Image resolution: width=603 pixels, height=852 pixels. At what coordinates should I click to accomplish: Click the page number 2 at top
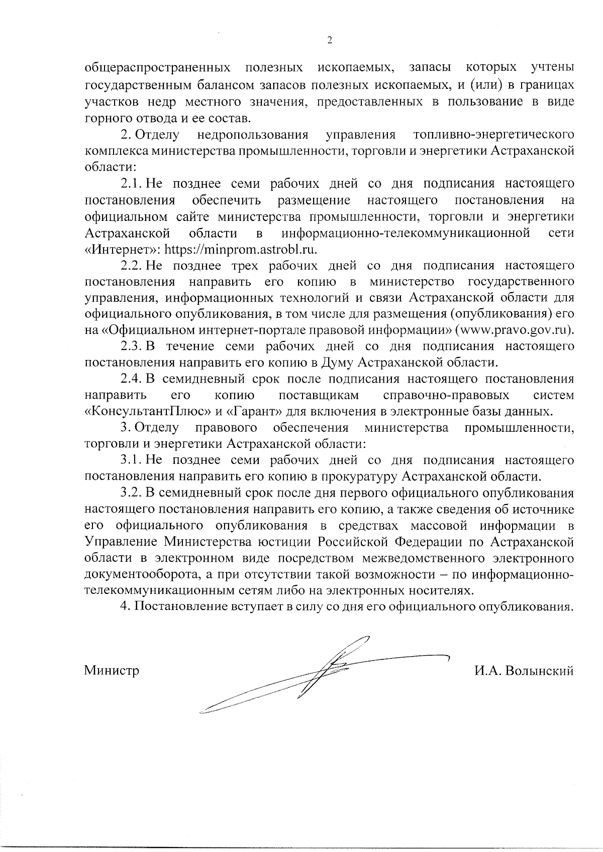click(x=330, y=41)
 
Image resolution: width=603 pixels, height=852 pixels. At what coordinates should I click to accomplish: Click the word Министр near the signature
click(x=112, y=671)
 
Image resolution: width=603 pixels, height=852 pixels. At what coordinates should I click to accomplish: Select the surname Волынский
click(x=540, y=671)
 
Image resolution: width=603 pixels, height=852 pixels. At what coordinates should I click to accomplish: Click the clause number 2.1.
click(x=131, y=184)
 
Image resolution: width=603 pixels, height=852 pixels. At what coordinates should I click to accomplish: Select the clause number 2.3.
click(x=131, y=346)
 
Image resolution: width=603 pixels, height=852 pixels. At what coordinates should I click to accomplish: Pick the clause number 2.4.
click(x=131, y=379)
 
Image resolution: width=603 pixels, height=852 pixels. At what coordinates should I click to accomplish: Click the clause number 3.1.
click(x=131, y=460)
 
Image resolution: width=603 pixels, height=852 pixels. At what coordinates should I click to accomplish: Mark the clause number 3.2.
click(x=131, y=493)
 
